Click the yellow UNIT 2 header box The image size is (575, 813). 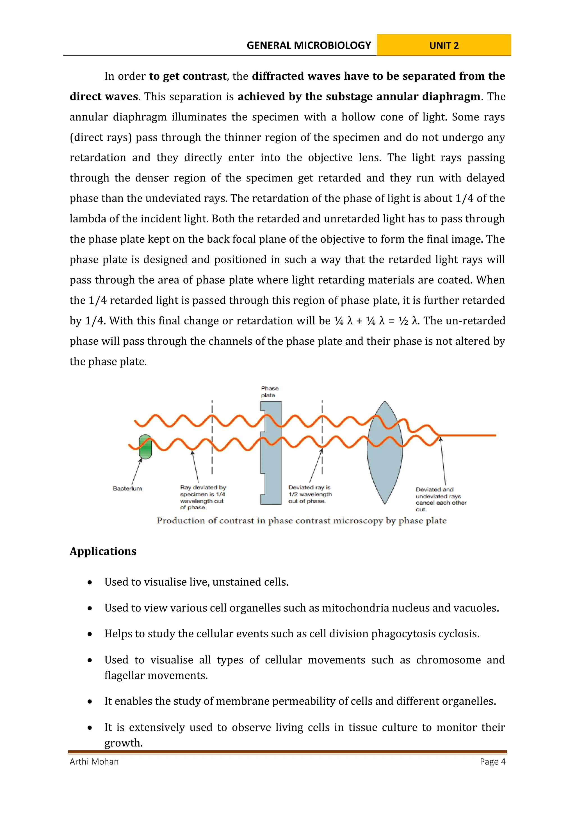[444, 45]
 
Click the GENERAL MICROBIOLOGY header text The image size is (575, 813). [309, 45]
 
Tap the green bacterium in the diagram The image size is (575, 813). [145, 447]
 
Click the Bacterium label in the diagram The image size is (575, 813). [127, 489]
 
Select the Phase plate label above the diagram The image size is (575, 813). [270, 392]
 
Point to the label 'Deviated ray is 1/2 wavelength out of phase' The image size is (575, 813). [310, 494]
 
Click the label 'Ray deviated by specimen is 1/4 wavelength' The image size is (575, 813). [202, 497]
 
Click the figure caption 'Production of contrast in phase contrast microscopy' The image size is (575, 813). [302, 521]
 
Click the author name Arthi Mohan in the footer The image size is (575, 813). [94, 762]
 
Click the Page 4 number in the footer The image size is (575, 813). [492, 762]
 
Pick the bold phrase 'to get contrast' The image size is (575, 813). [188, 76]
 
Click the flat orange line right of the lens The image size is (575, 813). [468, 435]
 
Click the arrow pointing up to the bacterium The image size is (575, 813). [137, 471]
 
